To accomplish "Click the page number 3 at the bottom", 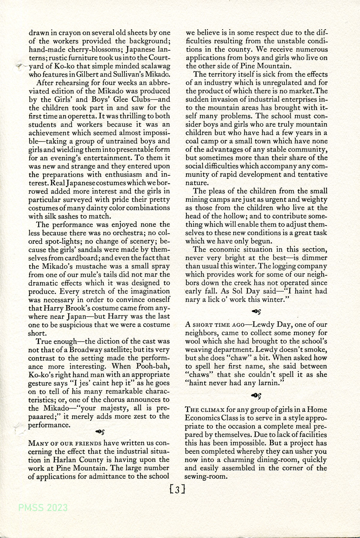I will [177, 489].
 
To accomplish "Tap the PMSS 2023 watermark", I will [43, 508].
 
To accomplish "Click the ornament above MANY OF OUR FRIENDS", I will [100, 432].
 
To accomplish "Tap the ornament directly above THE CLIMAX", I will [256, 396].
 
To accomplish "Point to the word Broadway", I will [87, 350].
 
